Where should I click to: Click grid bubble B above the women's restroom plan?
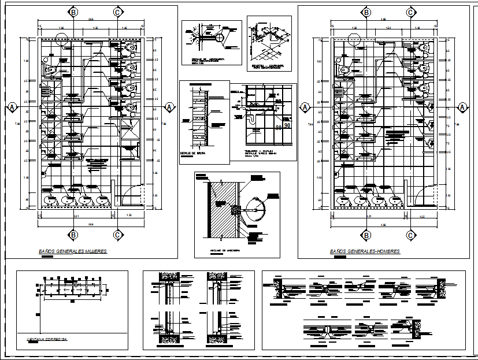pyautogui.click(x=74, y=12)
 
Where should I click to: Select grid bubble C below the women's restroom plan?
pyautogui.click(x=118, y=235)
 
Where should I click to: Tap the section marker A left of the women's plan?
pyautogui.click(x=12, y=107)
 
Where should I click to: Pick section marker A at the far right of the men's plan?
pyautogui.click(x=462, y=107)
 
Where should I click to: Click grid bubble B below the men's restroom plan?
pyautogui.click(x=366, y=235)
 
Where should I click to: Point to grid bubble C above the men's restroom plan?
pyautogui.click(x=410, y=12)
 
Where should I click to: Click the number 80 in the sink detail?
pyautogui.click(x=279, y=128)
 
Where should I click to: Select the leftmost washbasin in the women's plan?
pyautogui.click(x=51, y=200)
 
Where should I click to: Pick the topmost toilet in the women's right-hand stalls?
pyautogui.click(x=129, y=47)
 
